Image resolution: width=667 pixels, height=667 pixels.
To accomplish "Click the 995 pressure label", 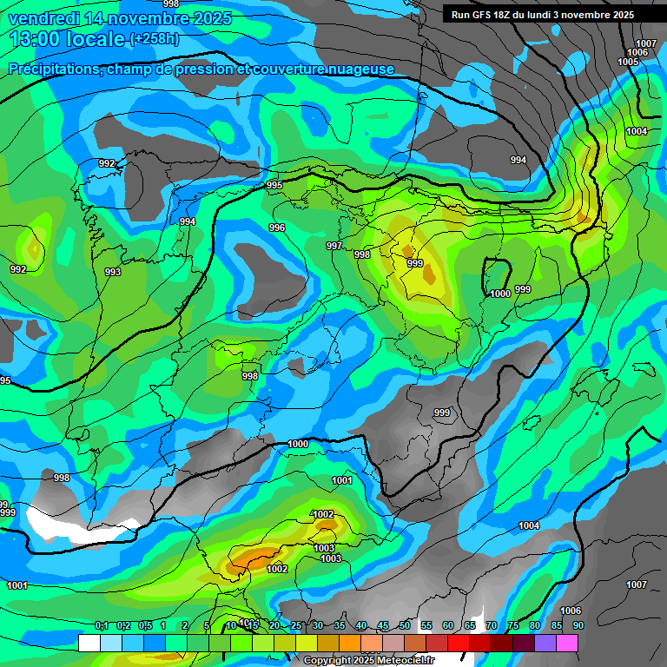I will click(274, 185).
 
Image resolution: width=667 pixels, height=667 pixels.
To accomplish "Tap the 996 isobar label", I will click(277, 228).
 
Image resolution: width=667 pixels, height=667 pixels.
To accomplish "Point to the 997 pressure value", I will click(334, 246).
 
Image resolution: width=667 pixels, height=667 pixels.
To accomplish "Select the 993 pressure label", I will click(113, 272).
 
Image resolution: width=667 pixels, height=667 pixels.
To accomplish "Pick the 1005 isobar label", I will click(628, 62).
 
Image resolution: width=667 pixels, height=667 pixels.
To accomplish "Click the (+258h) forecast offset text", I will click(154, 38).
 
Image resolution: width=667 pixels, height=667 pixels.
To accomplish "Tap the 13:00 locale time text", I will click(66, 38).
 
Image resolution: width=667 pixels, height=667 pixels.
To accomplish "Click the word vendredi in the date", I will click(44, 18).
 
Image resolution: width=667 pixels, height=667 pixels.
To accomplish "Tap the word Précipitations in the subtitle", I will click(55, 69).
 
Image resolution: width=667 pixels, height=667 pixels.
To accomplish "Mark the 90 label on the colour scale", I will click(578, 625).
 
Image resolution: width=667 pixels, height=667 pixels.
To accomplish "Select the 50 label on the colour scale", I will click(405, 625).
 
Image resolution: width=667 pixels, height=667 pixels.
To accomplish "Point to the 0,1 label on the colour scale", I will click(102, 625).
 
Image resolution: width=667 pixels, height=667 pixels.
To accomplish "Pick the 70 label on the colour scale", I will click(492, 625).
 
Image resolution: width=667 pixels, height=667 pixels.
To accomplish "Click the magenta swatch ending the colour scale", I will click(567, 643).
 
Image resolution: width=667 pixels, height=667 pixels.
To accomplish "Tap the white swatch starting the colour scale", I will click(89, 643).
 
